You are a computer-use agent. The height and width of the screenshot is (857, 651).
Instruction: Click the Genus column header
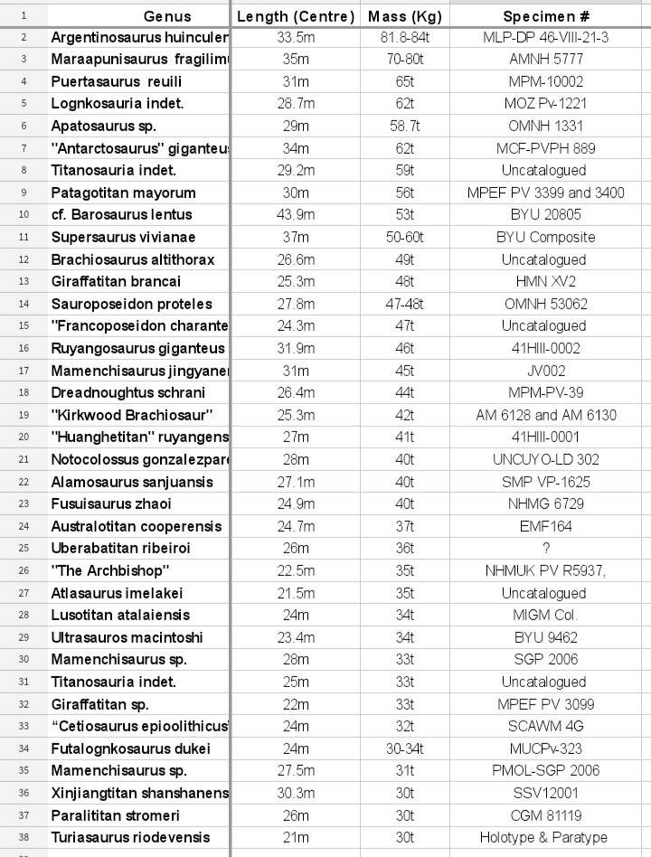pyautogui.click(x=167, y=16)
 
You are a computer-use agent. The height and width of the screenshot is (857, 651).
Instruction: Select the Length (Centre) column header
pyautogui.click(x=296, y=16)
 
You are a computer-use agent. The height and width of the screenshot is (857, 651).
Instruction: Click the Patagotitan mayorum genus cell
pyautogui.click(x=124, y=193)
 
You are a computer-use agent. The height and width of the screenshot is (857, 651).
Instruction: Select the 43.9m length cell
pyautogui.click(x=296, y=215)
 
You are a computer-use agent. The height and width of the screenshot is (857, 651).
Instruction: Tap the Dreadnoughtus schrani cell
pyautogui.click(x=128, y=392)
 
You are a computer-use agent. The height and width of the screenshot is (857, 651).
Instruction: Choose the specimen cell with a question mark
pyautogui.click(x=546, y=548)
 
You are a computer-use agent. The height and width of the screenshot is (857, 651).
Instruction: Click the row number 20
pyautogui.click(x=23, y=437)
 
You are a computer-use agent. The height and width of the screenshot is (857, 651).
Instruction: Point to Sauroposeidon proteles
pyautogui.click(x=132, y=304)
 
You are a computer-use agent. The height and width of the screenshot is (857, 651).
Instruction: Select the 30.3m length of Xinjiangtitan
pyautogui.click(x=296, y=793)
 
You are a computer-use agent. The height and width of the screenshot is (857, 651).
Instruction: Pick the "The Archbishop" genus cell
pyautogui.click(x=111, y=570)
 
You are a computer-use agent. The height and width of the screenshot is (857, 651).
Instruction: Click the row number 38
pyautogui.click(x=23, y=837)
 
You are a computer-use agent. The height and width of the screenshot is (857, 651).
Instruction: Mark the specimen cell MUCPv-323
pyautogui.click(x=546, y=749)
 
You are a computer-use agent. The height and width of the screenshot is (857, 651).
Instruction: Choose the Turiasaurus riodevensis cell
pyautogui.click(x=131, y=837)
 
